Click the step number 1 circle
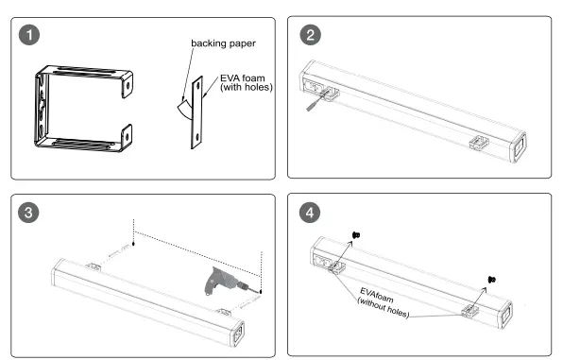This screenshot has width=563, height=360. coord(29,35)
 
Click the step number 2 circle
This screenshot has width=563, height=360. coord(310,35)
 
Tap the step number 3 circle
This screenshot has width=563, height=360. coord(28,213)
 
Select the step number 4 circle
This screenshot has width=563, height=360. coord(310,213)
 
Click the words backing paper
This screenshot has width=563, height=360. coord(223,43)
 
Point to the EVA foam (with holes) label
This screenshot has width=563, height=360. coord(247,82)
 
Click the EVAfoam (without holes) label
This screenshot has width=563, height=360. coord(384,302)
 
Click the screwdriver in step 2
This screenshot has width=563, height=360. coord(316,101)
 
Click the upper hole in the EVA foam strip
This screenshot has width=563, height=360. coord(197,85)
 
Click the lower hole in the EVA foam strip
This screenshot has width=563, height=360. coord(196,136)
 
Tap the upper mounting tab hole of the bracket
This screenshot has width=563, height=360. coord(128,85)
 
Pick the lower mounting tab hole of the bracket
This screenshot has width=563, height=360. coord(127,136)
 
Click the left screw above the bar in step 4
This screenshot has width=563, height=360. coord(356,235)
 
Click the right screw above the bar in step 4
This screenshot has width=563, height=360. coord(491,279)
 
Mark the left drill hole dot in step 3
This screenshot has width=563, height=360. coord(133,244)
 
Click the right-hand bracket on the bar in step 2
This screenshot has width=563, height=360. coord(479,143)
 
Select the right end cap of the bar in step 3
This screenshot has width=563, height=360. coord(238,334)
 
